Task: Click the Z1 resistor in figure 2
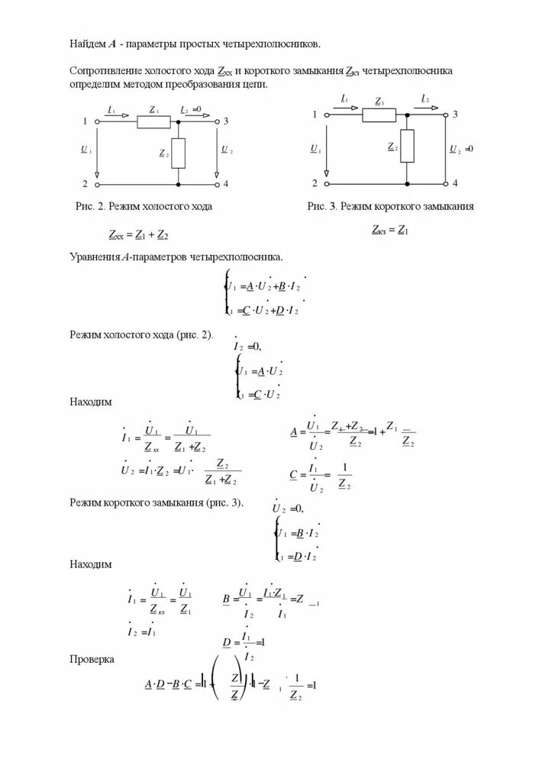pos(153,121)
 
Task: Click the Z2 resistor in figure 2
pos(179,153)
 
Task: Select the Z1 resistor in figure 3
pos(379,115)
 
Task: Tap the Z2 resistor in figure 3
pos(407,146)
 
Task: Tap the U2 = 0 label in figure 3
pos(460,148)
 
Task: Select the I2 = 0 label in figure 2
pos(190,110)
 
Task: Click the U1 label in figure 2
pos(86,150)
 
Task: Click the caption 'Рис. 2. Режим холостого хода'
pos(144,206)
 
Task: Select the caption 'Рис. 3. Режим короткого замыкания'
pos(392,206)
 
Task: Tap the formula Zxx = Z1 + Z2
pos(138,234)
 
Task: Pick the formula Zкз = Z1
pos(390,228)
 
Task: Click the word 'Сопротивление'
pos(106,70)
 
